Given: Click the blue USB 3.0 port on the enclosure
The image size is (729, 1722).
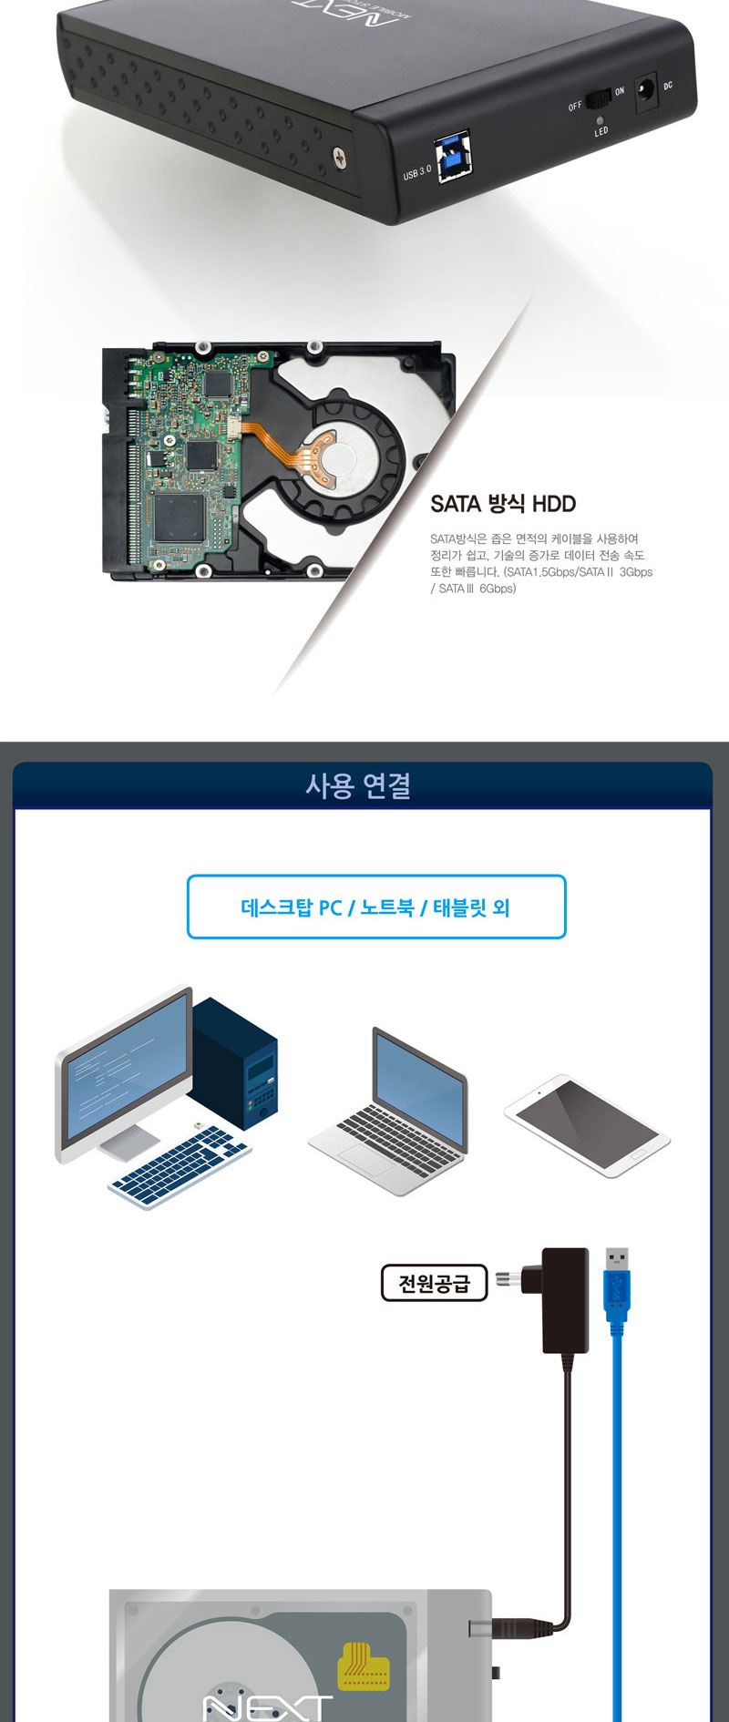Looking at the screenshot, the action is click(455, 157).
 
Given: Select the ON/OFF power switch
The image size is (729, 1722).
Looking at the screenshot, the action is click(597, 98).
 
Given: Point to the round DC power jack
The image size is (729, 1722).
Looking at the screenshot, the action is click(646, 89).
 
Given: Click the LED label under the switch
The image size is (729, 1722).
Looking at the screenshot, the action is click(601, 132).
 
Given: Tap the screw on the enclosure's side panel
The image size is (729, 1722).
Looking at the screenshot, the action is click(339, 157).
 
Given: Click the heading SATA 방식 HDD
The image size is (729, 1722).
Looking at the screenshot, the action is click(503, 504).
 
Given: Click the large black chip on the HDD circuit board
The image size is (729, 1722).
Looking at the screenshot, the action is click(179, 518).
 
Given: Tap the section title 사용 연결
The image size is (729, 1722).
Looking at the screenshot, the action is click(358, 785).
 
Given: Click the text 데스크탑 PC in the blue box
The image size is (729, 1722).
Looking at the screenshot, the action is click(292, 907).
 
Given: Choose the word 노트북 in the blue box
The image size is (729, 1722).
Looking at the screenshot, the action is click(387, 907).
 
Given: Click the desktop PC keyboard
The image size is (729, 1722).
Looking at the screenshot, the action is click(180, 1167).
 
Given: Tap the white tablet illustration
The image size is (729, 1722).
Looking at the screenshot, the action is click(587, 1125).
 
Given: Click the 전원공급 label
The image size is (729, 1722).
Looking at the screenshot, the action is click(434, 1283).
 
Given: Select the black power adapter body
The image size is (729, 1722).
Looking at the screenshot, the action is click(565, 1300).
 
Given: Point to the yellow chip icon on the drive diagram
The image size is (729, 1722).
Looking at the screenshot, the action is click(364, 1666).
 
